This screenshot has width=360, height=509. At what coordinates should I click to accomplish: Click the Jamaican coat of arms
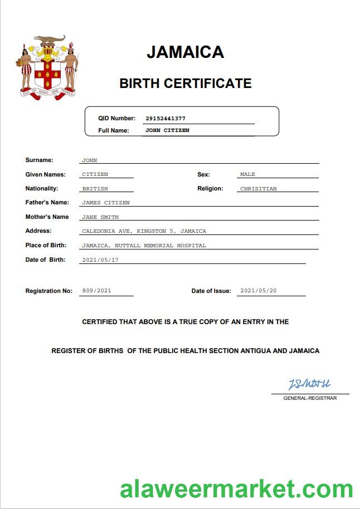click(x=47, y=67)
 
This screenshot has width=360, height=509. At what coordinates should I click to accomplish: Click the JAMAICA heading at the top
click(x=185, y=52)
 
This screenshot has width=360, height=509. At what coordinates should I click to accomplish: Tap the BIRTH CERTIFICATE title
click(x=185, y=84)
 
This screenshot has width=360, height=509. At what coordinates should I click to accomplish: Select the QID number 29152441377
click(x=166, y=119)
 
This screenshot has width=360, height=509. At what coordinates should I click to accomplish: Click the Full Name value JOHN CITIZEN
click(x=167, y=130)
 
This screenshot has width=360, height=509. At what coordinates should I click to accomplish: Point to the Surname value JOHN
click(x=89, y=160)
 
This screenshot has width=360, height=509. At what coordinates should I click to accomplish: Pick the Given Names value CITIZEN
click(x=95, y=174)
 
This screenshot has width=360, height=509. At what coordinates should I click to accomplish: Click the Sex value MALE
click(x=247, y=174)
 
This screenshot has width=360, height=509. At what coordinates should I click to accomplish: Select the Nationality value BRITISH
click(x=95, y=189)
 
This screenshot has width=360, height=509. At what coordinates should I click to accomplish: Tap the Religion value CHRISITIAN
click(x=258, y=189)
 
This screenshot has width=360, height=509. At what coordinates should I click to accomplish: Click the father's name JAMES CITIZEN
click(x=105, y=203)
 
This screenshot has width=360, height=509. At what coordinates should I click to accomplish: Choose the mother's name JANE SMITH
click(x=100, y=217)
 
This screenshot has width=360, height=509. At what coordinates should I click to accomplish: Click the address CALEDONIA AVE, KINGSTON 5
click(x=144, y=231)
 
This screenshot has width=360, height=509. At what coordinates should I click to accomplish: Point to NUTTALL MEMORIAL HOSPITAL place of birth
click(x=144, y=246)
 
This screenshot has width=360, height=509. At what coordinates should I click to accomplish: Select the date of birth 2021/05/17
click(x=100, y=260)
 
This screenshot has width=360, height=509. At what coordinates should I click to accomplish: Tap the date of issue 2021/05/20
click(x=259, y=291)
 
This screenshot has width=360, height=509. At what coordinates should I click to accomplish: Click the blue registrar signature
click(x=309, y=384)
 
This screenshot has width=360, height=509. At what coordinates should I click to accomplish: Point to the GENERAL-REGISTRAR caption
click(x=310, y=398)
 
